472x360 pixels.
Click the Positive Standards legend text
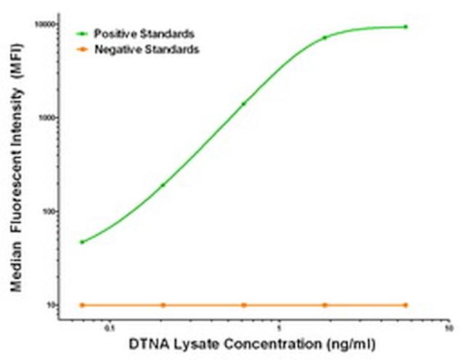[144, 33]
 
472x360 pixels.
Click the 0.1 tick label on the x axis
[109, 327]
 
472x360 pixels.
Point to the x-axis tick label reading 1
[280, 327]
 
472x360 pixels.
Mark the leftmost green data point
[82, 242]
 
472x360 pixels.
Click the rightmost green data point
[405, 27]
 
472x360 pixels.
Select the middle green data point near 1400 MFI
[243, 104]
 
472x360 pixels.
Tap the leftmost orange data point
[82, 305]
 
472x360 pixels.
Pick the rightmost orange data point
[405, 305]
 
